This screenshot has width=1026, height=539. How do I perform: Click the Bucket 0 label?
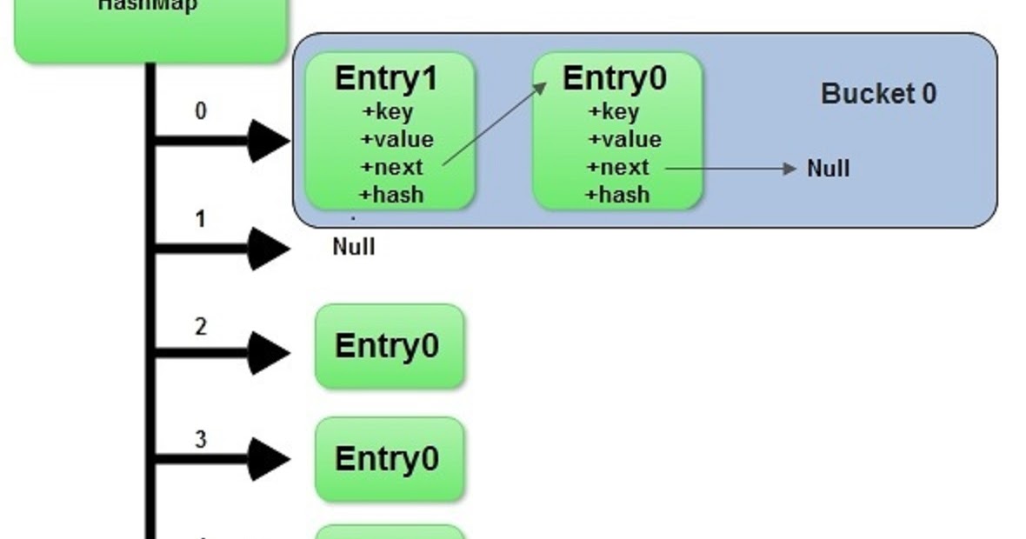(x=878, y=94)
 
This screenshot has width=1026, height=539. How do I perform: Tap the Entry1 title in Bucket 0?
(x=387, y=78)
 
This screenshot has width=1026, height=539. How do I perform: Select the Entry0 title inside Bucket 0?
(x=615, y=78)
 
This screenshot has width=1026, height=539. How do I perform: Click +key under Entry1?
(x=387, y=112)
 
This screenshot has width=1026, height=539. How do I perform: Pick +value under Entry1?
(x=396, y=140)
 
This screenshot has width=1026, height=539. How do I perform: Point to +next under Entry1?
(x=391, y=167)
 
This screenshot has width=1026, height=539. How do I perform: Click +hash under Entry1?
(x=391, y=195)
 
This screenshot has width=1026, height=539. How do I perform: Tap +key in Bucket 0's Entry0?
(x=614, y=112)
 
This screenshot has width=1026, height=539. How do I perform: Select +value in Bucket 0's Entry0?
(x=623, y=140)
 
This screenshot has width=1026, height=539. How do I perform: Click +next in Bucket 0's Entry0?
(x=618, y=167)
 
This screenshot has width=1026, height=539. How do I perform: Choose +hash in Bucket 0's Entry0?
(x=618, y=195)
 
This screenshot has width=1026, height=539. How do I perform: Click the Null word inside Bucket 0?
(x=828, y=169)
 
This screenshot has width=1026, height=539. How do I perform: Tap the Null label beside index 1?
(x=354, y=247)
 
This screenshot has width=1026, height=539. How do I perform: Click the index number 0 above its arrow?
(x=201, y=111)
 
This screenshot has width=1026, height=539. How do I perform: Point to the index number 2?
(x=201, y=327)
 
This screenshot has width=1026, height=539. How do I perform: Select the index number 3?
(x=201, y=439)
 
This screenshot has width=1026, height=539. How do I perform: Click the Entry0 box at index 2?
(x=389, y=346)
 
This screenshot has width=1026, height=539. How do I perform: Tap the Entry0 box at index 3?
(x=389, y=459)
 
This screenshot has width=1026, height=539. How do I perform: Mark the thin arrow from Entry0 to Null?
(x=730, y=169)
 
